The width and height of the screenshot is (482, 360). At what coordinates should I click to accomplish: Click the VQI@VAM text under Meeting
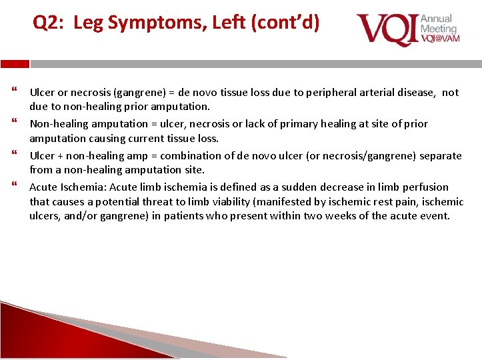pyautogui.click(x=439, y=39)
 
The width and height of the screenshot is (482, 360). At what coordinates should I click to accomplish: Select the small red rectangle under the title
pyautogui.click(x=15, y=64)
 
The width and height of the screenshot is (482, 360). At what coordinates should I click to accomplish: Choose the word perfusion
pyautogui.click(x=423, y=187)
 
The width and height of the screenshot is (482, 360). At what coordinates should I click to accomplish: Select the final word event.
pyautogui.click(x=435, y=216)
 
